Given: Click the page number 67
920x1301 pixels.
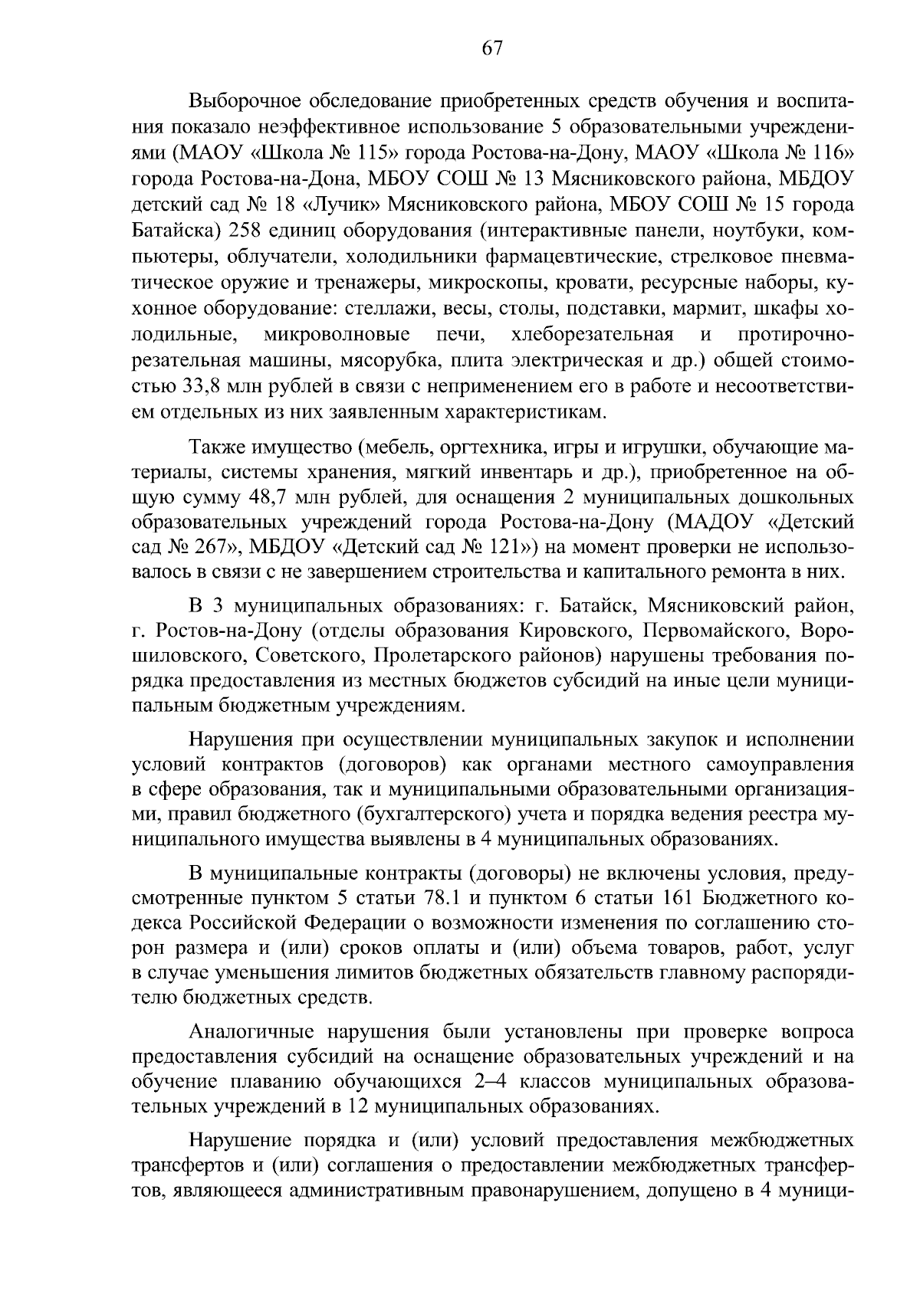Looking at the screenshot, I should [x=491, y=48].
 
